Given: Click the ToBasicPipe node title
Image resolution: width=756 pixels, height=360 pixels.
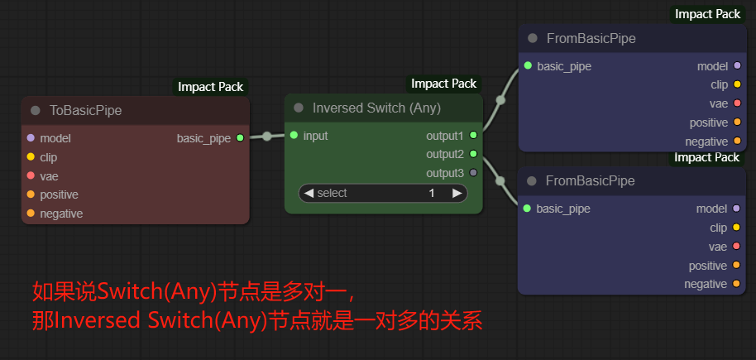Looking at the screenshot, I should click(x=86, y=110).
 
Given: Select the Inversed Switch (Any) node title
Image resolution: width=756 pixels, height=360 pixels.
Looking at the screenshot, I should click(x=376, y=108).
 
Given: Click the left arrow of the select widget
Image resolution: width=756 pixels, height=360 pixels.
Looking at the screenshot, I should click(x=309, y=193).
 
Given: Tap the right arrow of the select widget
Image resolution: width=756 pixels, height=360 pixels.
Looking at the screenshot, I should click(x=457, y=193).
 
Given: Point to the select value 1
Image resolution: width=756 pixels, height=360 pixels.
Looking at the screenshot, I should click(x=432, y=193).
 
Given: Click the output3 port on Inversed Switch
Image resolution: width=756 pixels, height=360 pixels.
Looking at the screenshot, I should click(x=473, y=173).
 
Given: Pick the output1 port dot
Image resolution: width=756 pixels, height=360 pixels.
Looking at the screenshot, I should click(x=473, y=135).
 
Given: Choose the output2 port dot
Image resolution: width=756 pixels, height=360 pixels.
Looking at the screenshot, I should click(x=473, y=154).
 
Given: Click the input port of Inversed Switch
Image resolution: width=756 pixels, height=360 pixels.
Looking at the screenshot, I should click(x=294, y=135).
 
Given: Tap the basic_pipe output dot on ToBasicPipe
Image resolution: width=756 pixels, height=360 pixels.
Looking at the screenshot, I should click(x=240, y=138).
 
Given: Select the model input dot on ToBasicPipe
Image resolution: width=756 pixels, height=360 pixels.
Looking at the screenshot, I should click(x=31, y=138).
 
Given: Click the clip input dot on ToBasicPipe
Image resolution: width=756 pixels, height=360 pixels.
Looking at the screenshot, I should click(x=31, y=156).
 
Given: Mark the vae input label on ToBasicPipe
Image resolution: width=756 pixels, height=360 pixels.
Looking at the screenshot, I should click(x=48, y=175).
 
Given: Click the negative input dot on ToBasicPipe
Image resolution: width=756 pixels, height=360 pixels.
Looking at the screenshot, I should click(x=31, y=214).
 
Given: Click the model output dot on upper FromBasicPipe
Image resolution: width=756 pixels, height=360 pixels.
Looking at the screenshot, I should click(x=737, y=65).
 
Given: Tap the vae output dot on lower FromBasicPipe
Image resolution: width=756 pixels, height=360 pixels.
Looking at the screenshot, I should click(x=736, y=247).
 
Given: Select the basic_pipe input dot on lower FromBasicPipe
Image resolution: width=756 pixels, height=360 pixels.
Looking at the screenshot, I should click(x=527, y=209).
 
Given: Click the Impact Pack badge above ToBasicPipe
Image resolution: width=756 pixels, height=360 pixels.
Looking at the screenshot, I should click(x=211, y=87).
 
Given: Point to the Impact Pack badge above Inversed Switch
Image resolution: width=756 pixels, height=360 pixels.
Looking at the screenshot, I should click(x=444, y=84).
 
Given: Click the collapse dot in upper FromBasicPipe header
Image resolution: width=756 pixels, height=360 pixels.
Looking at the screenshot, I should click(x=533, y=38).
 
